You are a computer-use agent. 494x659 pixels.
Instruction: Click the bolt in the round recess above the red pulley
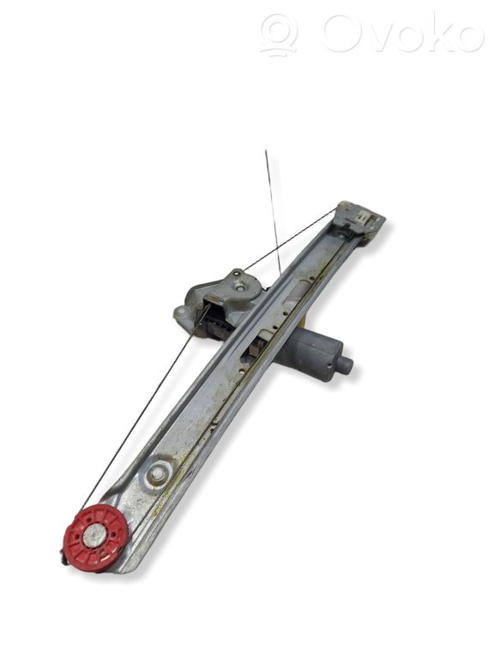point(158,475)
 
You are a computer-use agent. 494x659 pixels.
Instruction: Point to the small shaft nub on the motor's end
point(346,365)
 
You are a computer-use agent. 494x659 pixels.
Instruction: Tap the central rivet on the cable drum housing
point(240,288)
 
